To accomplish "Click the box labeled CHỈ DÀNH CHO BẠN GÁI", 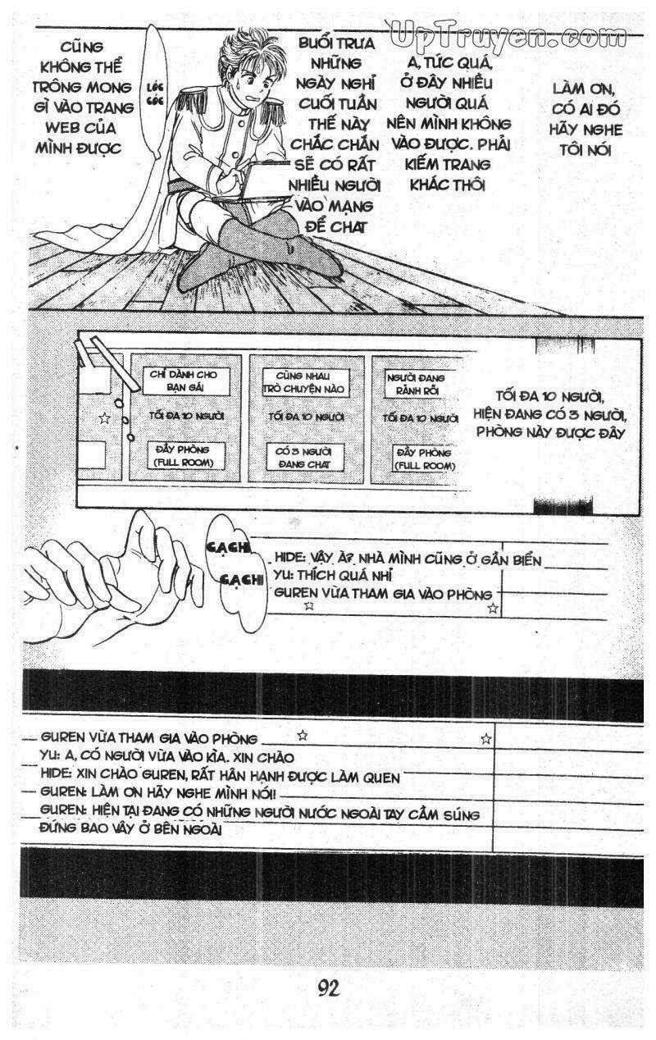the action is click(185, 381).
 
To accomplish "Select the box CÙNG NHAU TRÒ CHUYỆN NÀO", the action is click(305, 382).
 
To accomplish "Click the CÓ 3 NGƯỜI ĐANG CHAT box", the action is click(305, 458).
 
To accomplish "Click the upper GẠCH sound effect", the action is click(228, 548).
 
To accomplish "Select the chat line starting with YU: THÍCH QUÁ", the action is click(332, 575).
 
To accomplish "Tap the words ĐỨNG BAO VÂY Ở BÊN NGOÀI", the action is click(130, 828).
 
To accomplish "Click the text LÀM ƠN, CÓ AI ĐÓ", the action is click(585, 98).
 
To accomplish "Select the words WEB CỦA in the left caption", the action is click(81, 128).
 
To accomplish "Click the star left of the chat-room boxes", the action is click(104, 418).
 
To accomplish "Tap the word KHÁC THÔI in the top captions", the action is click(447, 185).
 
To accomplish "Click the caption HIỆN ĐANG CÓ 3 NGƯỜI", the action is click(549, 414).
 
